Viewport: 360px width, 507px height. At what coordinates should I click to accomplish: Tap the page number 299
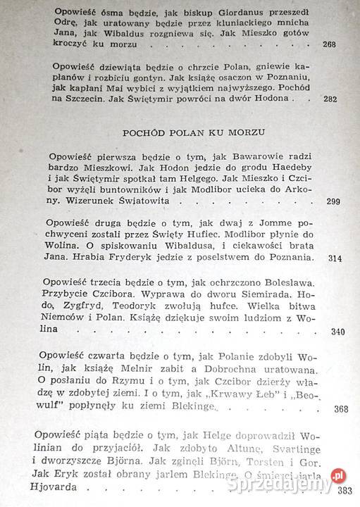(x=334, y=202)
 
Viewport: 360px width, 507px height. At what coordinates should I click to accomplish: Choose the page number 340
(x=337, y=332)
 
